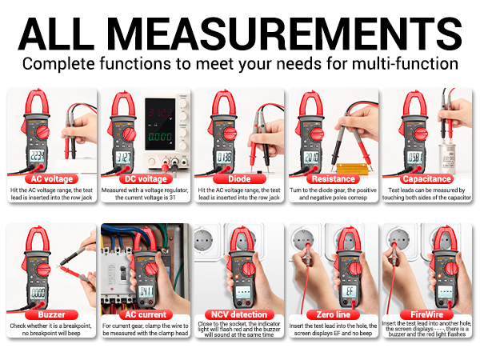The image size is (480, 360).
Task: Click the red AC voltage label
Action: pos(52,179)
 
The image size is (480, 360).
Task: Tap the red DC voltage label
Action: pos(145,179)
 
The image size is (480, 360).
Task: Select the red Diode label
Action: pos(239,179)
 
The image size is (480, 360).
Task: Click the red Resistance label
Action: pos(334,179)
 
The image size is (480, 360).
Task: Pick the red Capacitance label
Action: pos(427,179)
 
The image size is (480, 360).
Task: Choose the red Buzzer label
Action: pos(52,314)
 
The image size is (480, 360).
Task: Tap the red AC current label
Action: pos(145,314)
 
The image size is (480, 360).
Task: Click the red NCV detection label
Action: pos(239,314)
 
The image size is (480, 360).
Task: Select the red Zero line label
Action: pos(334,314)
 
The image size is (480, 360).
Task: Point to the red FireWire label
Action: pos(427,314)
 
